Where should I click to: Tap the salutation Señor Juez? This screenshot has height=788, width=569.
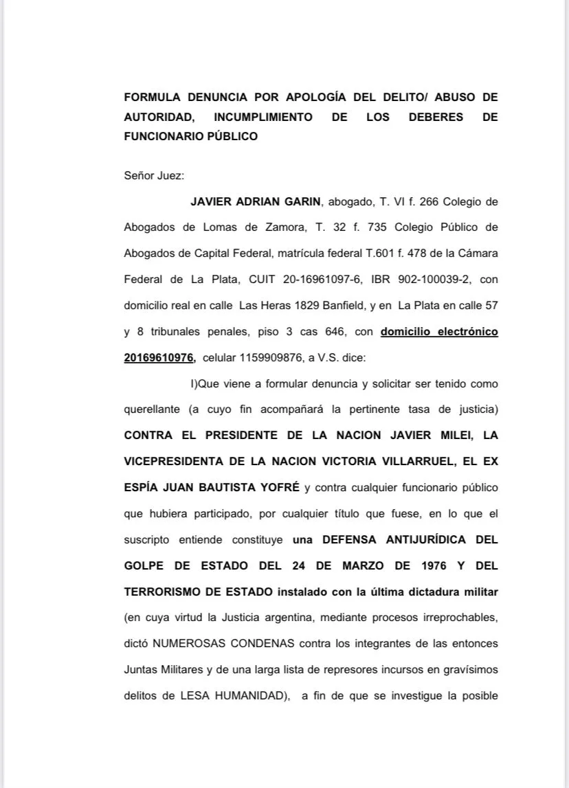(x=153, y=175)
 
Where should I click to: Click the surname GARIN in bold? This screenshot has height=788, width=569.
(x=301, y=201)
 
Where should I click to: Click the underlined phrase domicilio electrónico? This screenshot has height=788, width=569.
(x=439, y=331)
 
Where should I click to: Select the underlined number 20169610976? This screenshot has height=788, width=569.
(x=159, y=357)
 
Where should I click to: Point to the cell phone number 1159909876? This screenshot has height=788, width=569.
(x=269, y=357)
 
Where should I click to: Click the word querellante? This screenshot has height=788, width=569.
(x=153, y=409)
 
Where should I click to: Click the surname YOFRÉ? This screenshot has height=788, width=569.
(x=276, y=487)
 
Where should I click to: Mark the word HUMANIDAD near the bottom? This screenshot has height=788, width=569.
(x=246, y=695)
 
